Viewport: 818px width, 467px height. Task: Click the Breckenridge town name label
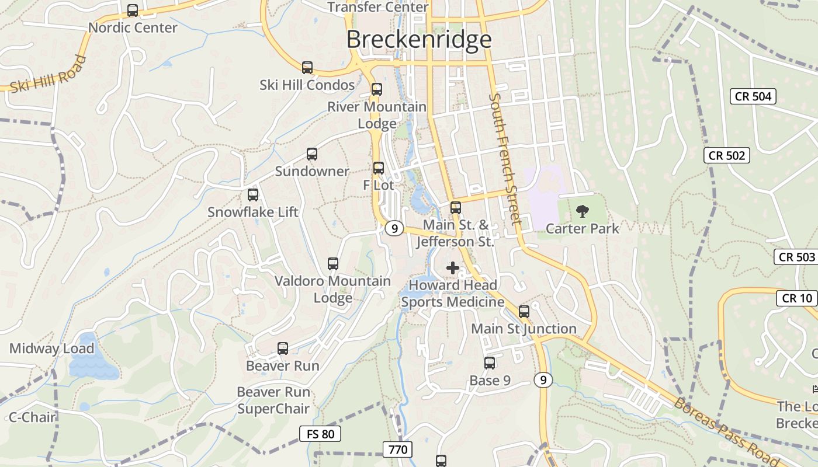(419, 40)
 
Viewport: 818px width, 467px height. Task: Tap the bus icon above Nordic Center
(133, 11)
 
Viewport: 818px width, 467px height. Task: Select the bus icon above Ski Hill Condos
(307, 68)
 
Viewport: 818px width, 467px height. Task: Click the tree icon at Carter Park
(583, 211)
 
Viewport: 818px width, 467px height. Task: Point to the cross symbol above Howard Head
(453, 268)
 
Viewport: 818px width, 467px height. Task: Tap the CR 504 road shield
(753, 96)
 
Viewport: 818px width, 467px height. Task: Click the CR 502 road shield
(727, 155)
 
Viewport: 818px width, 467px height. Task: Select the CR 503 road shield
(796, 257)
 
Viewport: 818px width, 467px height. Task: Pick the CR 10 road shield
(797, 298)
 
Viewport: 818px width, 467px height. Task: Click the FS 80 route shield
(320, 434)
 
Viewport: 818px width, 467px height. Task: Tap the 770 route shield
(398, 449)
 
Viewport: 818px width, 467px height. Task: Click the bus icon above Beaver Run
(283, 349)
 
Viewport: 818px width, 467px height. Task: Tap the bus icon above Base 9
(490, 363)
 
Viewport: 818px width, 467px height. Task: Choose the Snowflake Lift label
(253, 212)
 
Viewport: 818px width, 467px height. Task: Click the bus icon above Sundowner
(312, 154)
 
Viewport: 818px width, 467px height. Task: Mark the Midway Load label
(51, 349)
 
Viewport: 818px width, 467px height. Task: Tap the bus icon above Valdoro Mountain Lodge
(333, 264)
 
